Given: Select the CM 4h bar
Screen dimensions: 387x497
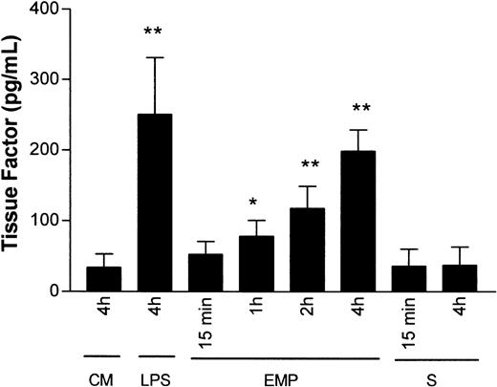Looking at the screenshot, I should point(102,278).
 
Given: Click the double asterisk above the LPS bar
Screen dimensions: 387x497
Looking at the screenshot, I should point(153,32).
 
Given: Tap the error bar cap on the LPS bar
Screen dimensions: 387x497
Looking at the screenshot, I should point(153,57).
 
